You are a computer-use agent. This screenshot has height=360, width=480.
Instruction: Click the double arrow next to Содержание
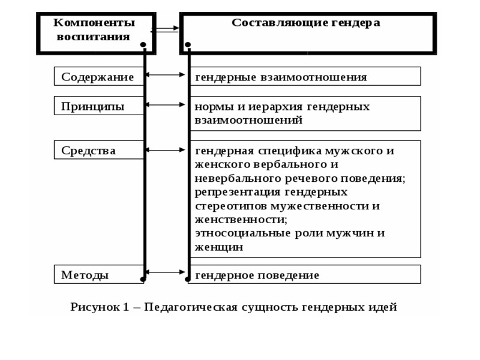point(166,75)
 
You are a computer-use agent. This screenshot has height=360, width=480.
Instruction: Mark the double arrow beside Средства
point(166,149)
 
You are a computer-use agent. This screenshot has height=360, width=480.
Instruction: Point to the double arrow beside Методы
point(166,272)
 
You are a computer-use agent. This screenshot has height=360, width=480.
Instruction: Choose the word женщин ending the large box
point(218,247)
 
